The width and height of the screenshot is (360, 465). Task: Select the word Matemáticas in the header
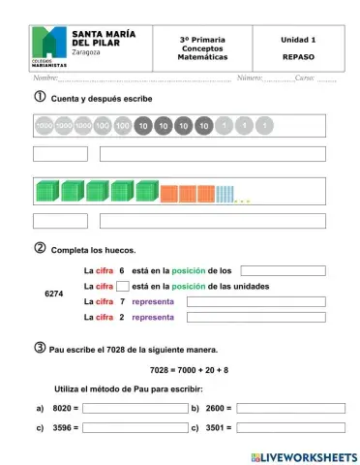(x=202, y=57)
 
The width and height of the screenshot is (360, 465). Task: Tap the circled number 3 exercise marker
(x=40, y=348)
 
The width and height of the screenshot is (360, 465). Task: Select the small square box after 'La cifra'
(x=122, y=286)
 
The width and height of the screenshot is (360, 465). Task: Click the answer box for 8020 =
(x=135, y=409)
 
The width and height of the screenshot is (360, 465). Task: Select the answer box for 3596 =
(x=135, y=426)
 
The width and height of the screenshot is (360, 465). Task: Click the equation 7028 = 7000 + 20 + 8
(x=190, y=369)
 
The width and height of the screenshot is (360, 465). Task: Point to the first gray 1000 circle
(x=44, y=126)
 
